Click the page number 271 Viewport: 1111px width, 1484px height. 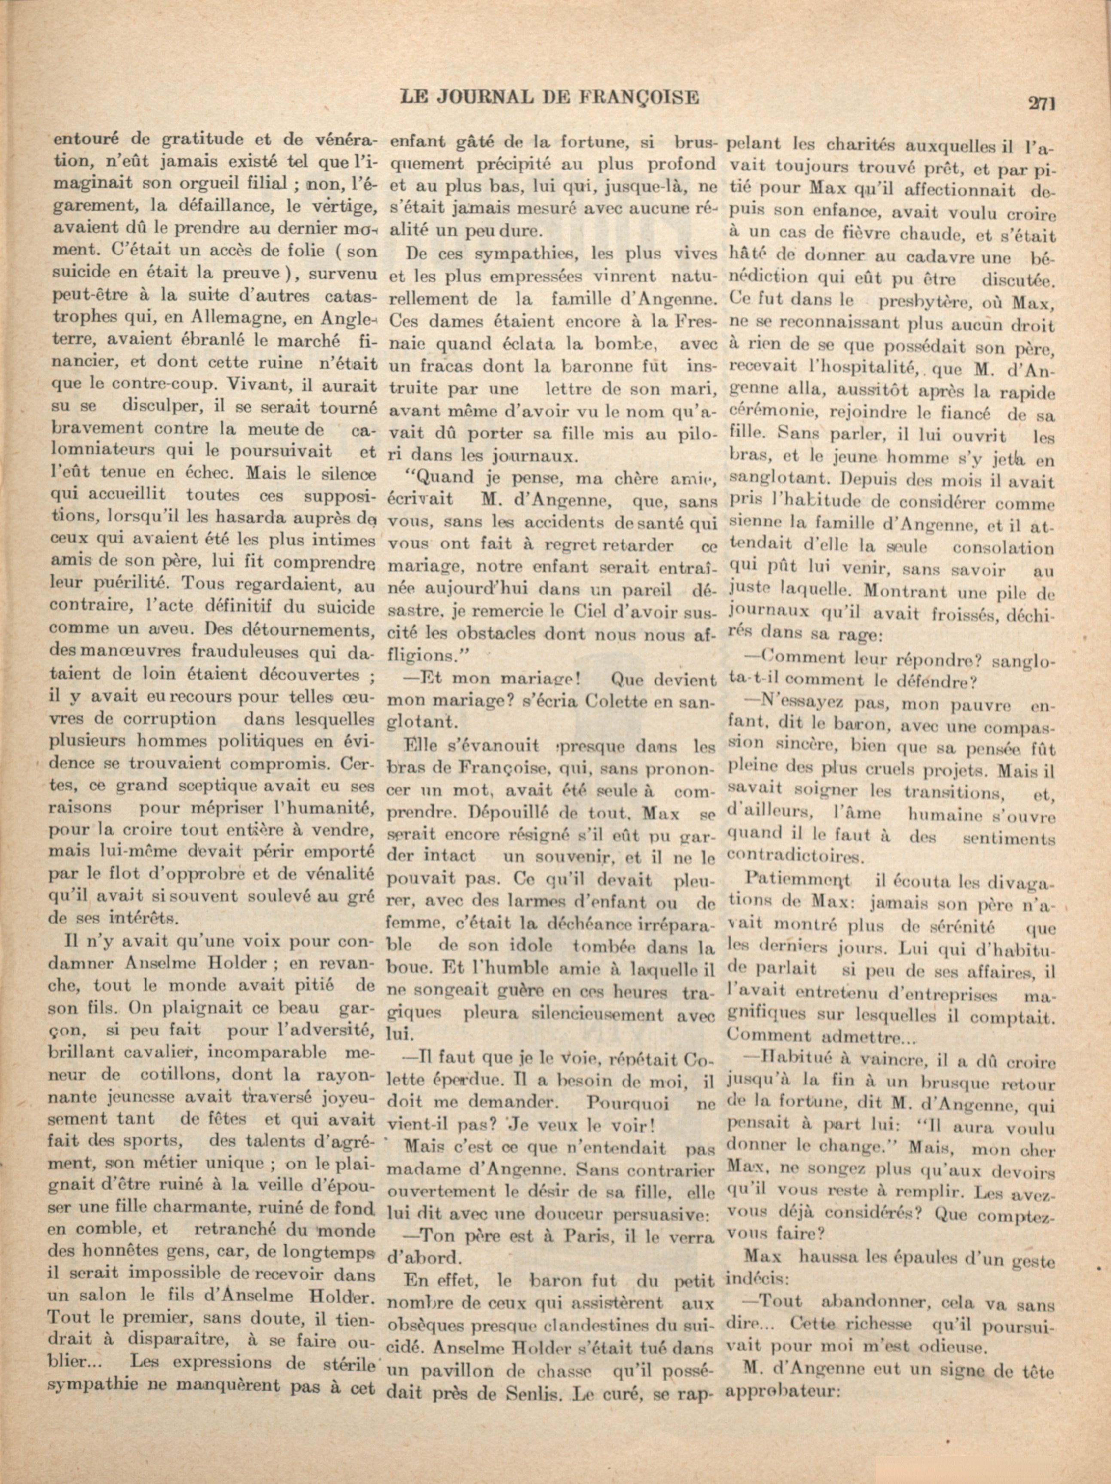[x=1041, y=103]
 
